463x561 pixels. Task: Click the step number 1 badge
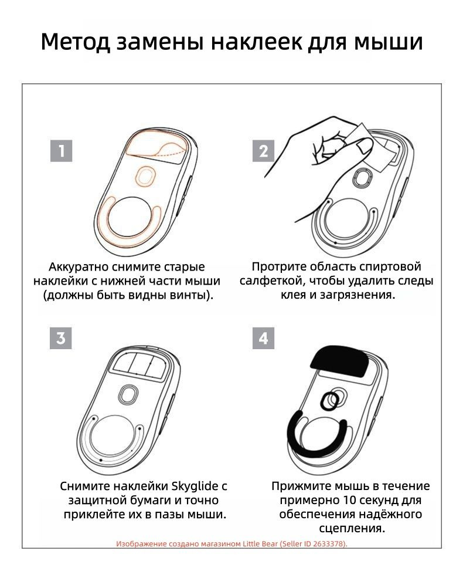(62, 151)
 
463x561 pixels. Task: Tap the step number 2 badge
(263, 151)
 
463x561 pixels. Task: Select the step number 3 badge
(62, 339)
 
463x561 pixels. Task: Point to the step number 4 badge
(263, 339)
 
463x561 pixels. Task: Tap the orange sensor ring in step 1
(145, 174)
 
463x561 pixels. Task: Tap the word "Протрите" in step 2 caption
(278, 267)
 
